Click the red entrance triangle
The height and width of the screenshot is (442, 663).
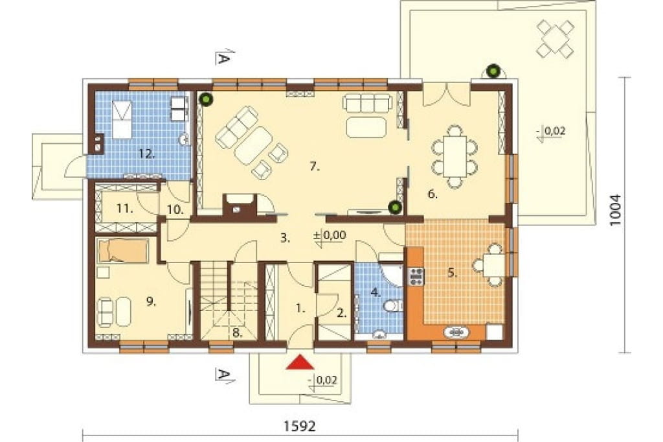point(300,362)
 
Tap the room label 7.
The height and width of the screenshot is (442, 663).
point(314,167)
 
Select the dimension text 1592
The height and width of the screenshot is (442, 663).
point(299,426)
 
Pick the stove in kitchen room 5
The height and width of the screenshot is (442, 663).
point(416,275)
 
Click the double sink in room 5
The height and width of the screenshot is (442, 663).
point(456,332)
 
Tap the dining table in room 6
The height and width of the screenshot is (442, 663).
point(455,156)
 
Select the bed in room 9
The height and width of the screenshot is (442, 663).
point(122,250)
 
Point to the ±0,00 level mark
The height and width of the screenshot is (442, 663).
point(330,235)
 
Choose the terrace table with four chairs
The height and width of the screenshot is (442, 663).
point(555,39)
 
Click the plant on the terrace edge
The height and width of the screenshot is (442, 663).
point(492,71)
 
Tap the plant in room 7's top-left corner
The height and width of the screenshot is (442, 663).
point(207,99)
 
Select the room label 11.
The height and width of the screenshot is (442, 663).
point(126,208)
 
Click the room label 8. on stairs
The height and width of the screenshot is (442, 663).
point(237,332)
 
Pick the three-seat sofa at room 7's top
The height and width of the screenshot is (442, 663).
point(366,103)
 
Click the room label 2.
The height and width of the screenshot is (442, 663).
point(342,313)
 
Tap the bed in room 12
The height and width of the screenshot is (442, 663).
point(122,119)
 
